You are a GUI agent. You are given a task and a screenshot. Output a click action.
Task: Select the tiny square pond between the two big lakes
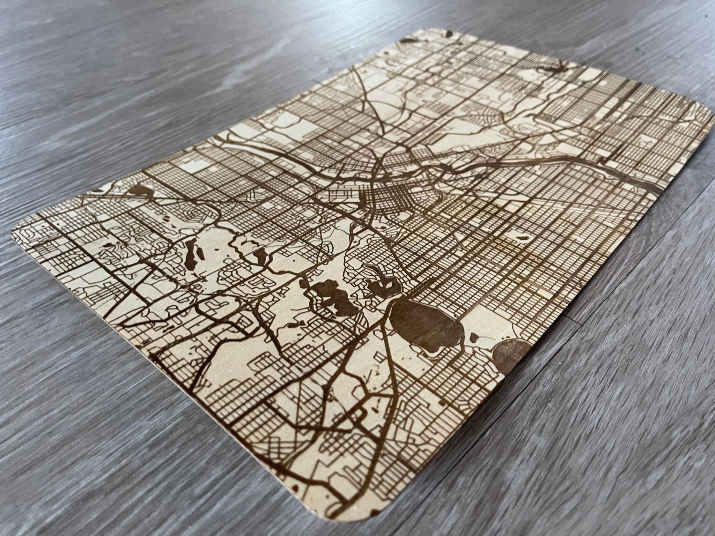point(474,337)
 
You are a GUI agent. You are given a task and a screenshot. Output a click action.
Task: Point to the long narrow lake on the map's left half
point(191,255)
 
